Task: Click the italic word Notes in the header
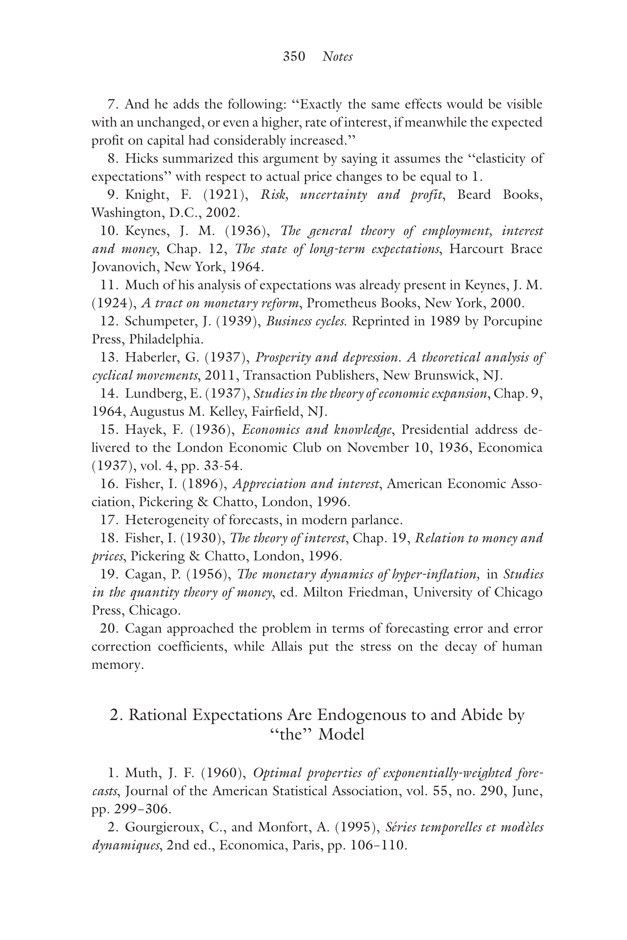337,56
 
